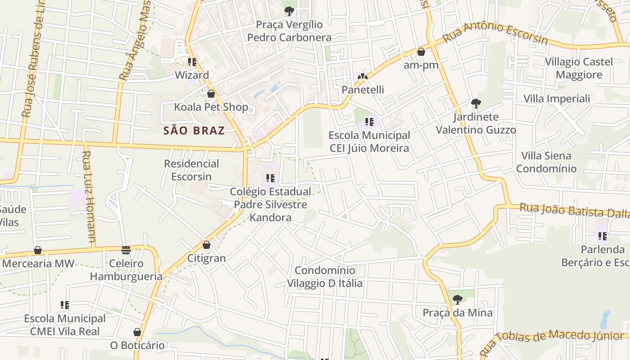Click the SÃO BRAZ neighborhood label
(194, 131)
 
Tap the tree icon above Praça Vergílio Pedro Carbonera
(289, 11)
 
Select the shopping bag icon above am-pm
(421, 52)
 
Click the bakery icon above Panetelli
(363, 76)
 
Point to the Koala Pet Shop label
(211, 107)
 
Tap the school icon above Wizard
(192, 62)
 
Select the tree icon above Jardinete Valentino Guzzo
(476, 103)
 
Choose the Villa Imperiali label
(557, 99)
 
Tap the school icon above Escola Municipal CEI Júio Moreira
(369, 121)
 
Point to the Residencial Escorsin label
(191, 170)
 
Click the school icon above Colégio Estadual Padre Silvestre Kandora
(270, 178)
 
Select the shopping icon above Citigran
(207, 245)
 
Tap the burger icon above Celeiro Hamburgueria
(126, 250)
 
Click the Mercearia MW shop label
(38, 264)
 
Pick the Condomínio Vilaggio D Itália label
(325, 277)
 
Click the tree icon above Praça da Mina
(458, 299)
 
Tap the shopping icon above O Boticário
(137, 333)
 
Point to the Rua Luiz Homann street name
(89, 198)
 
